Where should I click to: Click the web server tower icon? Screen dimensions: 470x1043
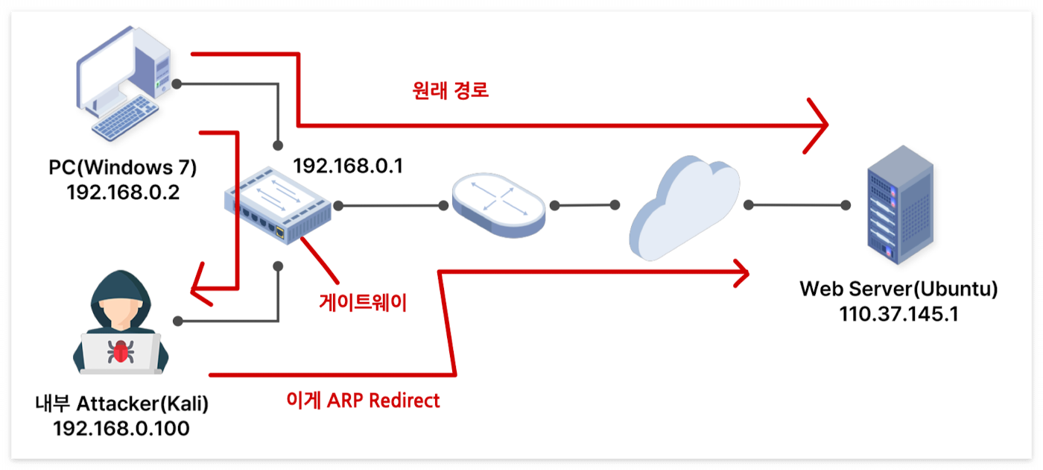point(899,210)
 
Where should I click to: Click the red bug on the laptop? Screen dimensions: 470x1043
point(119,351)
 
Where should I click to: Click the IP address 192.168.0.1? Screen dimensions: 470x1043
point(348,166)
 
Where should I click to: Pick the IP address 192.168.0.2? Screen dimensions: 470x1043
point(123,192)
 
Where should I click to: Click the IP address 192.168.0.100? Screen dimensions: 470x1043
point(121,428)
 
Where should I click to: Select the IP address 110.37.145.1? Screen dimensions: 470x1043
point(898,313)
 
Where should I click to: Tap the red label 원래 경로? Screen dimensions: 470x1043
point(450,91)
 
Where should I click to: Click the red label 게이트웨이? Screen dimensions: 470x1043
point(363,302)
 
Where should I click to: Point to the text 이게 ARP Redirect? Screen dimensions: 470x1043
point(364,401)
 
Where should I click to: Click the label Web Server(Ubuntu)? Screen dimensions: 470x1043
point(898,289)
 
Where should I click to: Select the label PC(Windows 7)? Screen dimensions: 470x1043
point(123,168)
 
